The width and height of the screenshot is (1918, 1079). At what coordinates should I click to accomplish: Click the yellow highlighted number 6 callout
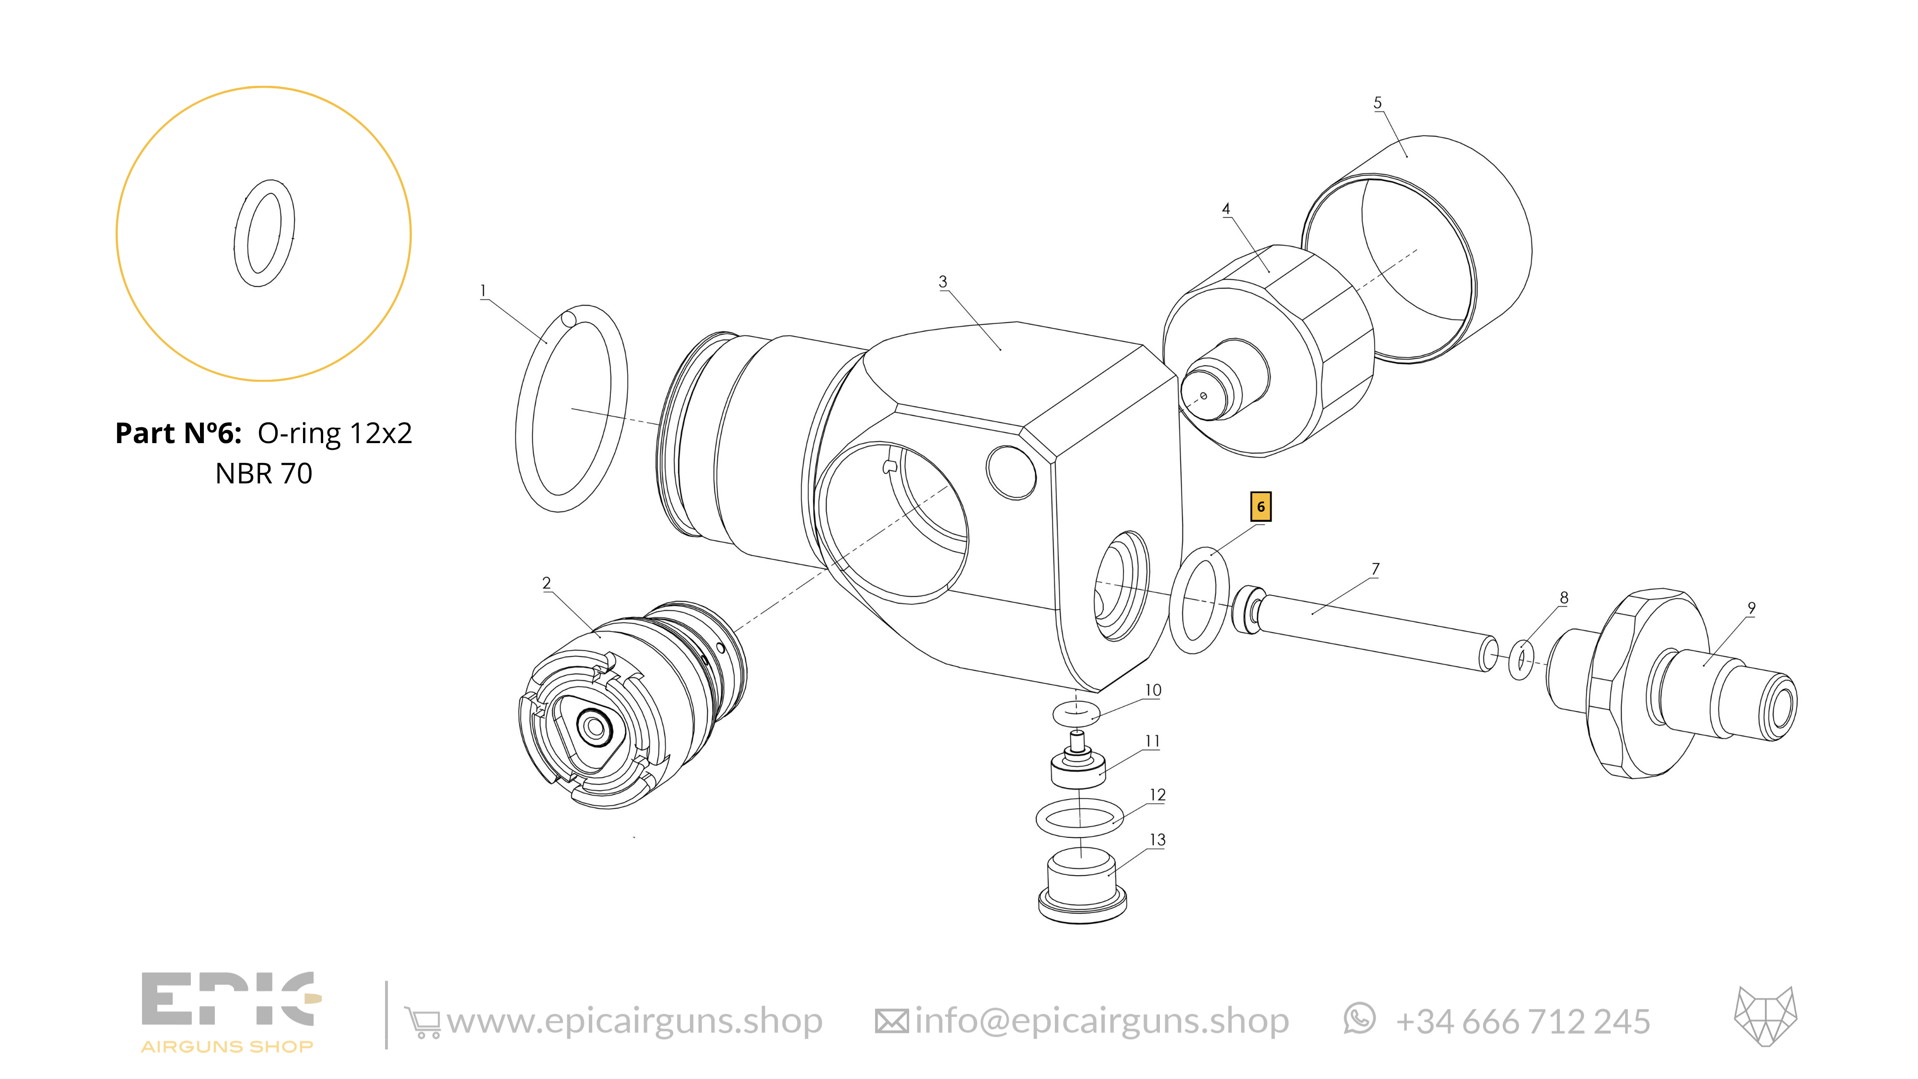coord(1261,507)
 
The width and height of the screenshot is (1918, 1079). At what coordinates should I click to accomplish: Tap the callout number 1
coord(483,291)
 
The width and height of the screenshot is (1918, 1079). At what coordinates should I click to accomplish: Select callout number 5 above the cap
coord(1378,103)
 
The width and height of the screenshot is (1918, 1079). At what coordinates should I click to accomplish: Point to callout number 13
coord(1157,840)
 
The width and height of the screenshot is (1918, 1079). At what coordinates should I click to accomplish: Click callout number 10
coord(1153,690)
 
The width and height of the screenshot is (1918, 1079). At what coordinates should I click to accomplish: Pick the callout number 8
coord(1564,598)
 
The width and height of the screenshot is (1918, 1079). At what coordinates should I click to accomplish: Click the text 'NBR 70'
coord(264,474)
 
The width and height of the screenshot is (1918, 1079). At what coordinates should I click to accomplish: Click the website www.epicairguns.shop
coord(634,1021)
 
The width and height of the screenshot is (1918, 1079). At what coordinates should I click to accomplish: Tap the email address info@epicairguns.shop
coord(1102,1021)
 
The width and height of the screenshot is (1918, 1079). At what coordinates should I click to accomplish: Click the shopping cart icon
coord(422,1022)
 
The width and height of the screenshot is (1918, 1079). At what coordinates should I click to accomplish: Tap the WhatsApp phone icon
coord(1359,1019)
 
